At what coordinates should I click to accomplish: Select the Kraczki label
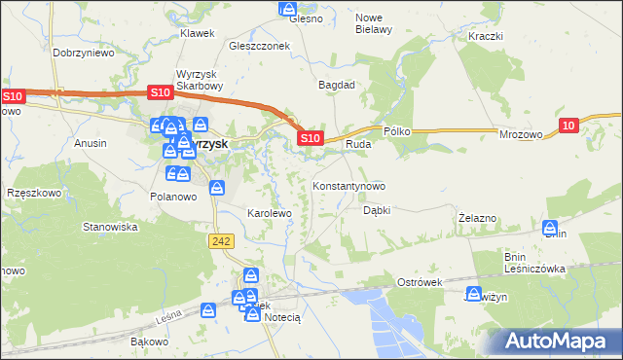point(484,36)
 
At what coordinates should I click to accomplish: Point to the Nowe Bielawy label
point(374,23)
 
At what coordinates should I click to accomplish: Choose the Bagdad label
point(337,85)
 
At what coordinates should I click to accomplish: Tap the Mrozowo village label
point(521,138)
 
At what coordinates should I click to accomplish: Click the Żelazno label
point(478,218)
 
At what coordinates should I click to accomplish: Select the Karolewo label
point(270,212)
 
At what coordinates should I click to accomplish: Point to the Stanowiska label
point(111,227)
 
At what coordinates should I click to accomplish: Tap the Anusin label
point(91,143)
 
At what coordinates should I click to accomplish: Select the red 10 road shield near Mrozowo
point(570,125)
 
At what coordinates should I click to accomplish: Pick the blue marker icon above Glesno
point(288,8)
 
